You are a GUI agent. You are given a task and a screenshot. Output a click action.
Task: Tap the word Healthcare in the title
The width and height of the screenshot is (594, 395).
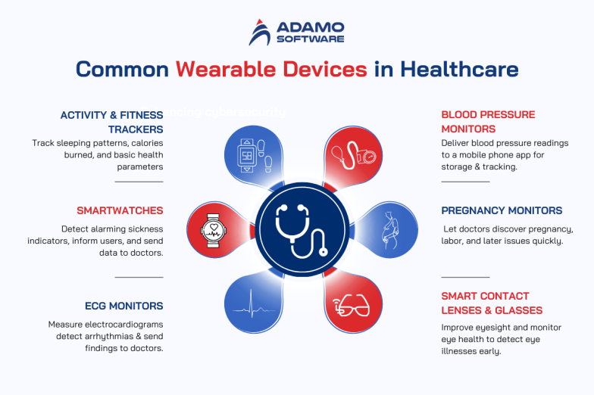(459, 70)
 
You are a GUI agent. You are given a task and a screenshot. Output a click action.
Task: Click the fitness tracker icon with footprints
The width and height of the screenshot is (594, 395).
(255, 154)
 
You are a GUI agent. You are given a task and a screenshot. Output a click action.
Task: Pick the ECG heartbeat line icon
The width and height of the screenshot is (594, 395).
(256, 306)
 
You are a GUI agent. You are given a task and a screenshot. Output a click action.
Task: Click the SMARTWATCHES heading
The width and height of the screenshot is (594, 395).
(120, 210)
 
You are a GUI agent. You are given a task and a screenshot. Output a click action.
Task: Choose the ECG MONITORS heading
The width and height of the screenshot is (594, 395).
(124, 306)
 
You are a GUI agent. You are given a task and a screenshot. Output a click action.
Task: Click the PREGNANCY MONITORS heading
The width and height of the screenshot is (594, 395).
(502, 210)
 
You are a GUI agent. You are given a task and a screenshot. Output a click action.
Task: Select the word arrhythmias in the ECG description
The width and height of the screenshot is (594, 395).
(92, 336)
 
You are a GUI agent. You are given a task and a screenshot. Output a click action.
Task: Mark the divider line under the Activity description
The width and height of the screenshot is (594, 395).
(139, 182)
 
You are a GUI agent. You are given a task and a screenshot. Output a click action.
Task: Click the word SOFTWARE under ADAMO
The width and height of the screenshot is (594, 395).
(311, 39)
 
